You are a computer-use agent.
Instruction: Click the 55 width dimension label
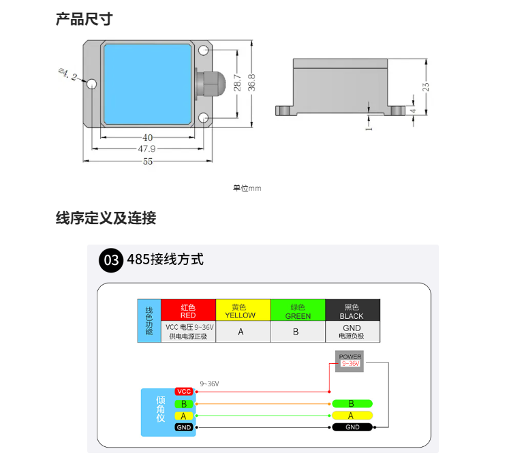click(148, 161)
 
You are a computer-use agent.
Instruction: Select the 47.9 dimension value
click(146, 149)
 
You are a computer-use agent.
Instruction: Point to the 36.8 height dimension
click(251, 82)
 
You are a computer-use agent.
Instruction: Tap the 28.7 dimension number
click(237, 82)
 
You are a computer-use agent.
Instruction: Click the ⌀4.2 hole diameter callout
click(68, 75)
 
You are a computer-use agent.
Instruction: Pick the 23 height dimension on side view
click(426, 87)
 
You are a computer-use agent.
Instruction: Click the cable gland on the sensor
click(210, 83)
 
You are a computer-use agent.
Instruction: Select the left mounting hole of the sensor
click(92, 84)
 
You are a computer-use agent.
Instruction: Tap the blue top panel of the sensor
click(148, 84)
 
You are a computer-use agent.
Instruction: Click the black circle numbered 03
click(111, 260)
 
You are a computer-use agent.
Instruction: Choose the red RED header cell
click(188, 310)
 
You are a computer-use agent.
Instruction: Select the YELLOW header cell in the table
click(243, 310)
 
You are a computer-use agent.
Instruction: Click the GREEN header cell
click(298, 310)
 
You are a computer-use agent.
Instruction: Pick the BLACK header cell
click(352, 310)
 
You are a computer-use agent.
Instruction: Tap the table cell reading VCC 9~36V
click(188, 332)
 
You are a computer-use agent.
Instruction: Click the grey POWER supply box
click(350, 361)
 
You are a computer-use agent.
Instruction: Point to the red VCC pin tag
click(184, 391)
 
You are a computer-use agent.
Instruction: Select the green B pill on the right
click(352, 404)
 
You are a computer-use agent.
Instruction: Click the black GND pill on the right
click(352, 427)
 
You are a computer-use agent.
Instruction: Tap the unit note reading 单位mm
click(247, 188)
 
